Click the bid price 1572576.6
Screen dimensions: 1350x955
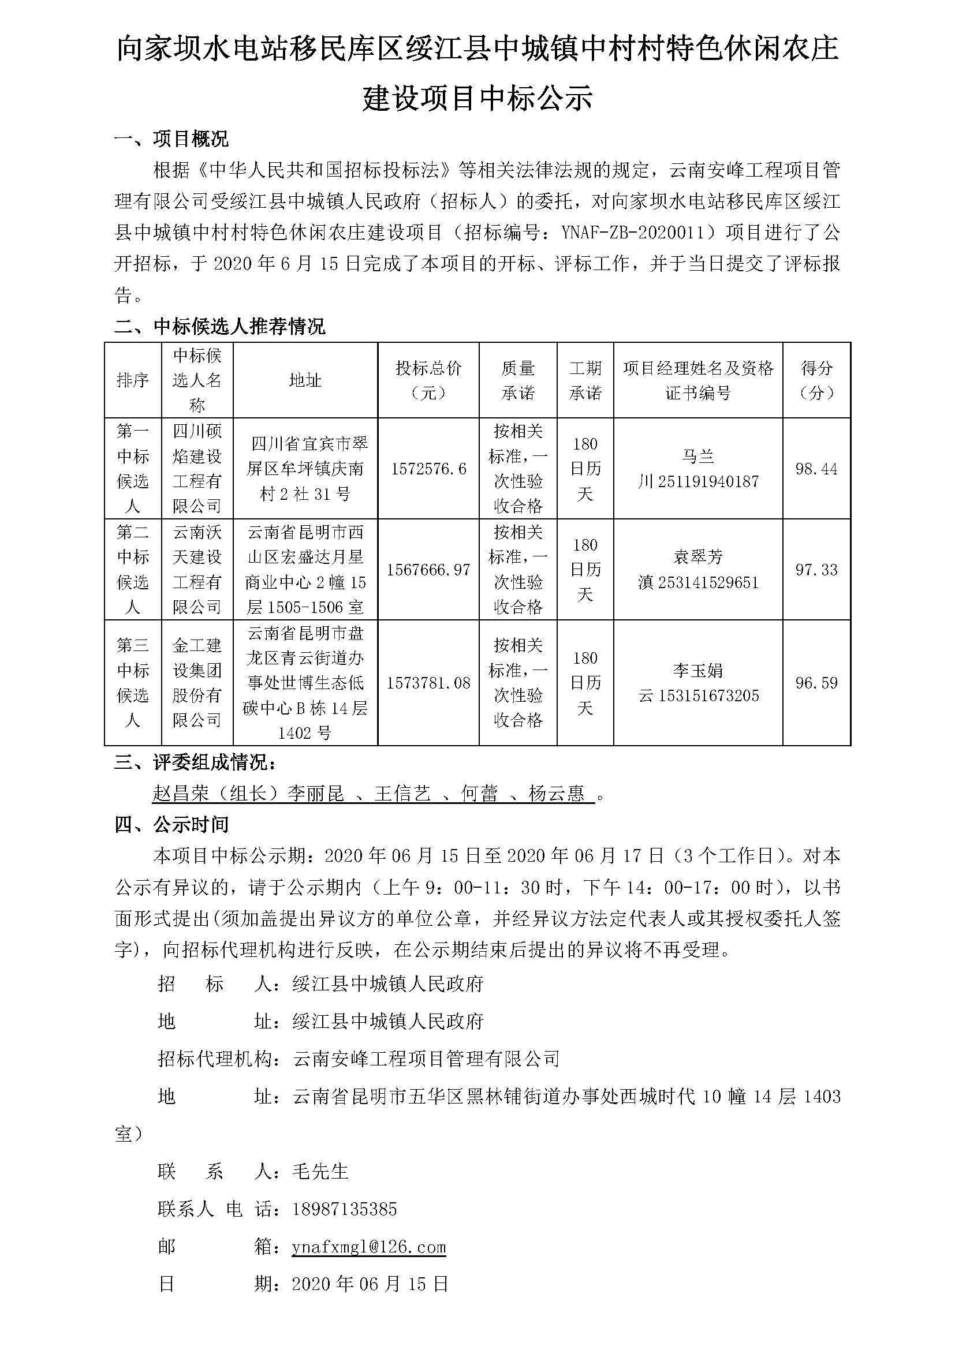428,469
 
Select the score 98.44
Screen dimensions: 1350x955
816,469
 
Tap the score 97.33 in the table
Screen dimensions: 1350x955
816,569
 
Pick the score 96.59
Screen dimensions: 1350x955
816,683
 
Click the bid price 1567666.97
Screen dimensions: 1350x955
428,569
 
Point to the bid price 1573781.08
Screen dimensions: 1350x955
428,683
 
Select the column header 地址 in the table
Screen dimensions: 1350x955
305,380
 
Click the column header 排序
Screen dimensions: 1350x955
133,380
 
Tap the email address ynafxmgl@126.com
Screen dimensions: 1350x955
369,1248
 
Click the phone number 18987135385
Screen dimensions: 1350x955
345,1209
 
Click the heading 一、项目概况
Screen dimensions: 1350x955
171,139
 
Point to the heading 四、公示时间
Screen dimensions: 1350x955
171,825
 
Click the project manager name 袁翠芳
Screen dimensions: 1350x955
698,556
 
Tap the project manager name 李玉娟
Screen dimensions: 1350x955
698,670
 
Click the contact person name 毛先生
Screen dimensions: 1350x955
320,1171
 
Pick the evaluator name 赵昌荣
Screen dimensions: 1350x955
181,794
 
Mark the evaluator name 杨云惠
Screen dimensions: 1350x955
556,794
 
